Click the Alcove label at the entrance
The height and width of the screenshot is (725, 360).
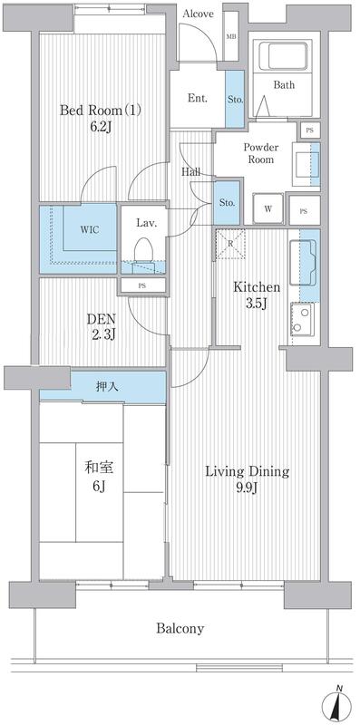199,14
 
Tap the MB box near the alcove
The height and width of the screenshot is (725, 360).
230,35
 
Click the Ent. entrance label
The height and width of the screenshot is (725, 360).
197,98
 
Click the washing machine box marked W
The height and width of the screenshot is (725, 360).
268,209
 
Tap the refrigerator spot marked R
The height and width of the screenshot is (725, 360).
231,244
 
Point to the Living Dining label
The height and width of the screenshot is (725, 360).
246,471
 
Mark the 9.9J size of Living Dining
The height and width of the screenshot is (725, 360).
246,490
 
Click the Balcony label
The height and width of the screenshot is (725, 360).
179,628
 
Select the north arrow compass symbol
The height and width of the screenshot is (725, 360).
338,705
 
